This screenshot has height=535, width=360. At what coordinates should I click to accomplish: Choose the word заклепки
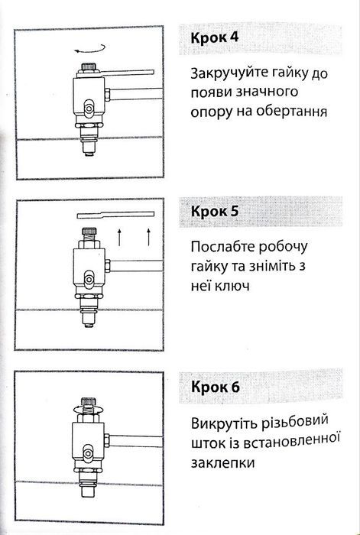(x=222, y=462)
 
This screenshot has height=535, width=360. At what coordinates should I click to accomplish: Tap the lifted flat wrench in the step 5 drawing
(x=115, y=213)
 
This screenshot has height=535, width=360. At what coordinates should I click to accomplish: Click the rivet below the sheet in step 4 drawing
(x=89, y=147)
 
